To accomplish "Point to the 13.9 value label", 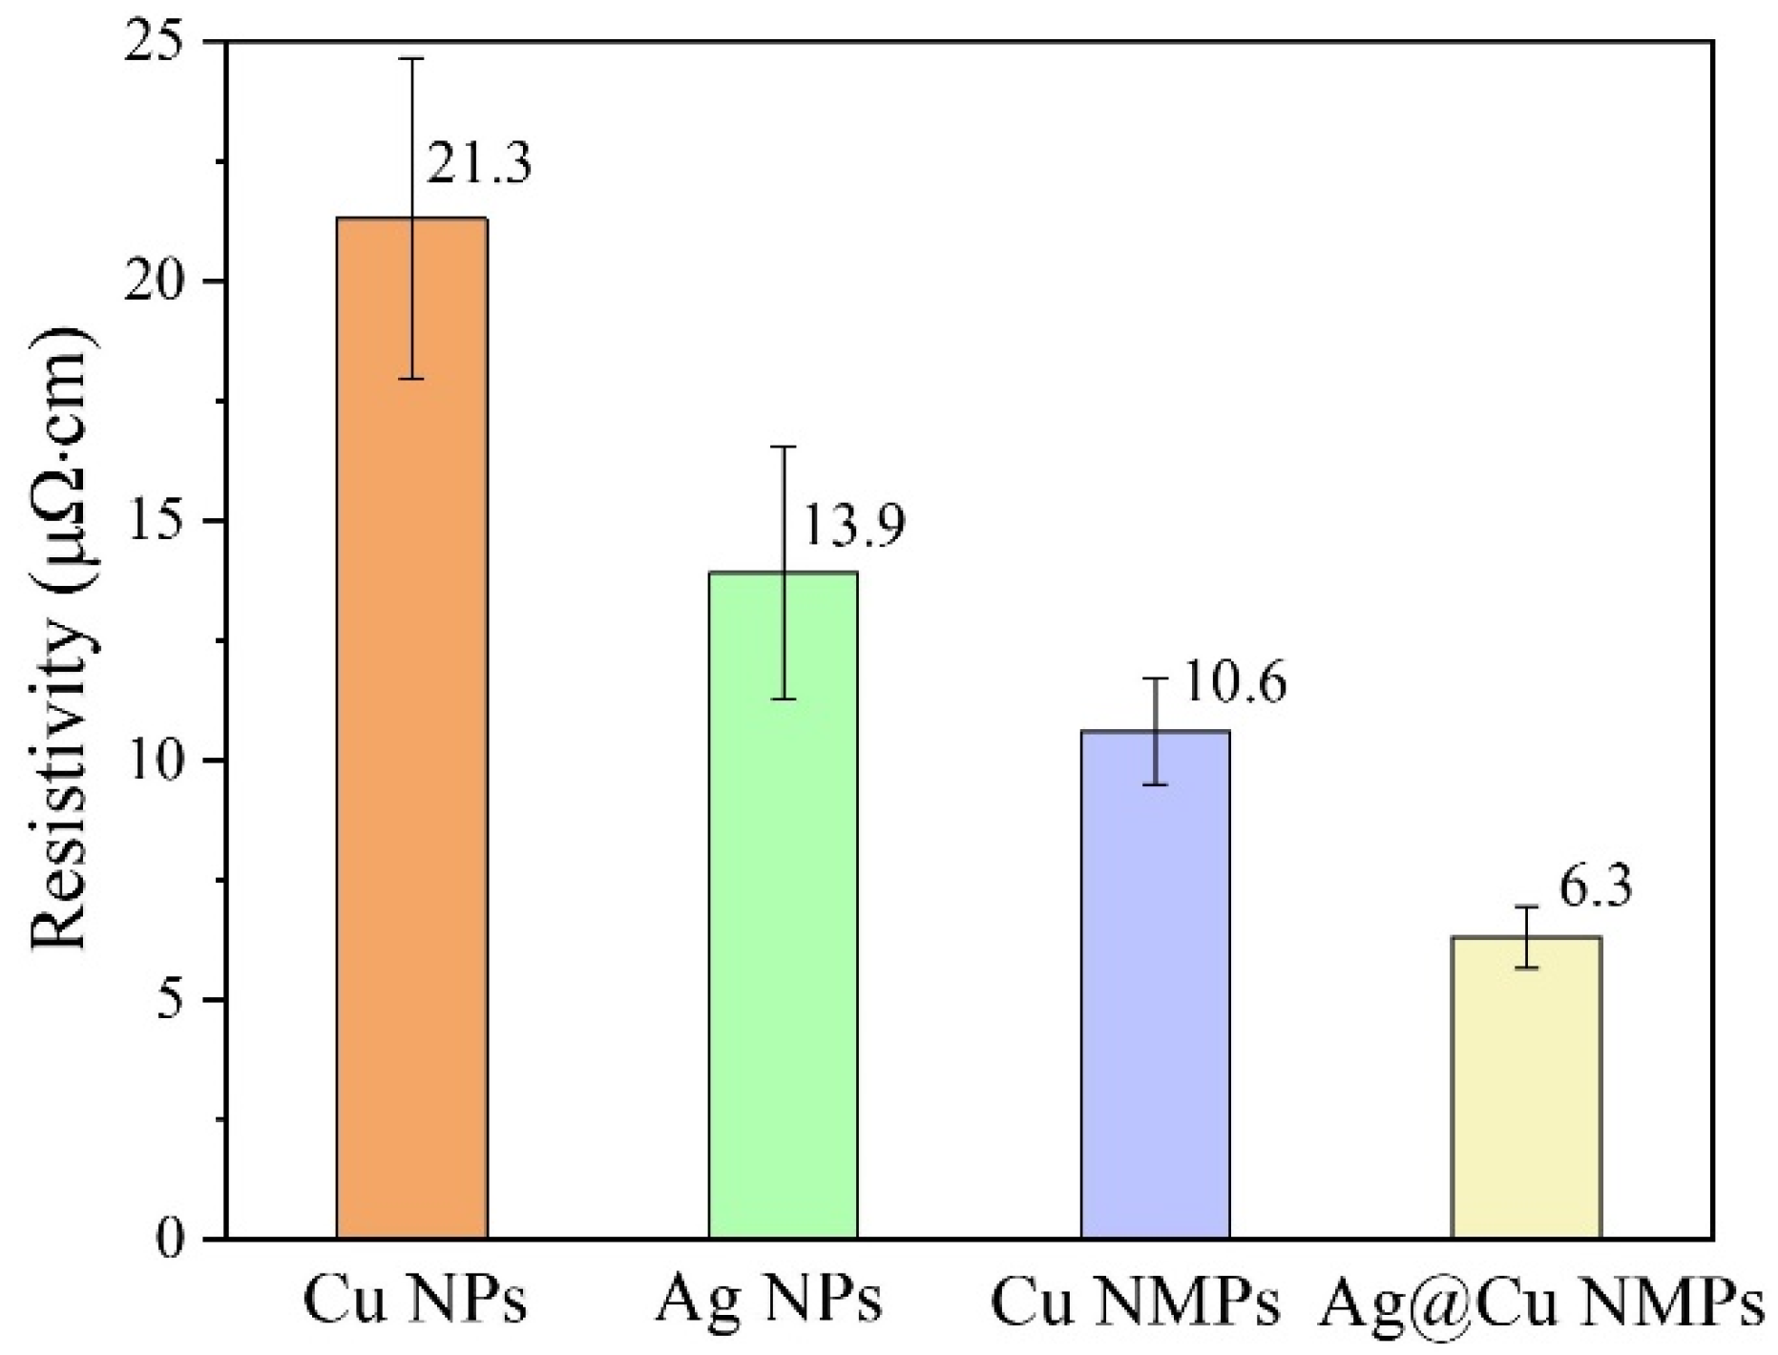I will pos(850,526).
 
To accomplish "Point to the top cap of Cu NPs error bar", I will pos(412,59).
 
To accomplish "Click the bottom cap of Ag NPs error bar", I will pos(784,699).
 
